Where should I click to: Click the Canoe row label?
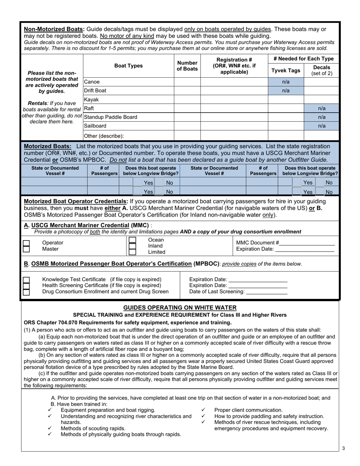(x=92, y=82)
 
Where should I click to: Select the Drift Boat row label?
(x=95, y=91)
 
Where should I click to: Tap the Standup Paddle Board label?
(x=111, y=117)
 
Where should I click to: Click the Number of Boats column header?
(x=187, y=66)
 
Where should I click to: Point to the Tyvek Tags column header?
(x=286, y=70)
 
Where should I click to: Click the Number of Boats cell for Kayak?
(x=187, y=100)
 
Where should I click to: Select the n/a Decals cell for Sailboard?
(x=321, y=126)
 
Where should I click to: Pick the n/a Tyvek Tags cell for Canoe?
(x=286, y=82)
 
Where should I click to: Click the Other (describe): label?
(x=104, y=136)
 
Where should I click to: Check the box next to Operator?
(x=26, y=242)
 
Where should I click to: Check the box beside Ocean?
(x=132, y=240)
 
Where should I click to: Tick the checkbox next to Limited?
(x=132, y=252)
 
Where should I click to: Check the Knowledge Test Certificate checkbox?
(x=26, y=280)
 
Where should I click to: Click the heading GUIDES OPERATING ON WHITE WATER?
(x=180, y=308)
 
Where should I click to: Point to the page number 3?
(x=343, y=449)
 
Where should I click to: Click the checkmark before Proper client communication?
(x=203, y=410)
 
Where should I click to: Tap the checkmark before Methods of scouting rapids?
(x=50, y=428)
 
